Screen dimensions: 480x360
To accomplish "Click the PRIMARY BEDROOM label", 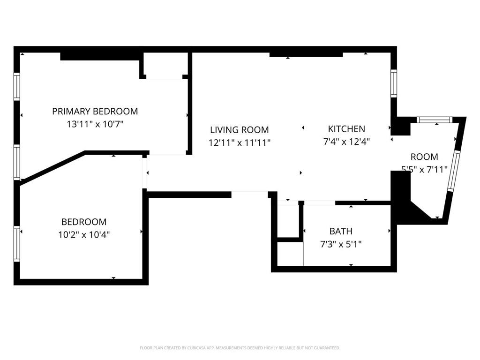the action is [x=95, y=111].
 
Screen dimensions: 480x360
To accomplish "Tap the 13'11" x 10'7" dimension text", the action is [x=95, y=124].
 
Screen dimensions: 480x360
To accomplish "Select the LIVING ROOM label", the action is [x=240, y=130].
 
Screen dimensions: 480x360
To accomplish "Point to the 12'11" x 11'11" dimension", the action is [x=240, y=142].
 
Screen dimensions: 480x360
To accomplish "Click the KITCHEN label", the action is [x=346, y=129].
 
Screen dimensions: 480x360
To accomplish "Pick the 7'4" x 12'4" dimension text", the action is [x=346, y=142].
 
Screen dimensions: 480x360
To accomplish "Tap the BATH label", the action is [x=341, y=231].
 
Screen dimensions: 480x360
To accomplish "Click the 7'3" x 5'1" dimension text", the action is [x=341, y=244].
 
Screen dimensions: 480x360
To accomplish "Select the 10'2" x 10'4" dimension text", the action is [x=84, y=235].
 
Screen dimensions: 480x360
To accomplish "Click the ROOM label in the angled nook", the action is [x=424, y=157].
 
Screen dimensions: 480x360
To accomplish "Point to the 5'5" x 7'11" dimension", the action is [x=424, y=169].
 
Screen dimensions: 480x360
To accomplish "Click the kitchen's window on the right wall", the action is [x=394, y=83].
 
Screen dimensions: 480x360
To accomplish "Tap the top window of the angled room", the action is [x=435, y=120].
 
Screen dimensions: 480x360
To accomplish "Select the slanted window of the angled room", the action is [x=454, y=171].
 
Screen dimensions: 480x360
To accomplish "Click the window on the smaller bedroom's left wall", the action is [x=17, y=244].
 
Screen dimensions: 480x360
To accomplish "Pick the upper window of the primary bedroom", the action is [x=17, y=87].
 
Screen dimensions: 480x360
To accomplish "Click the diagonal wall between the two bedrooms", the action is [x=52, y=168].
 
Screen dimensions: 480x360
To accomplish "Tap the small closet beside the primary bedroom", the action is [x=165, y=66].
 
